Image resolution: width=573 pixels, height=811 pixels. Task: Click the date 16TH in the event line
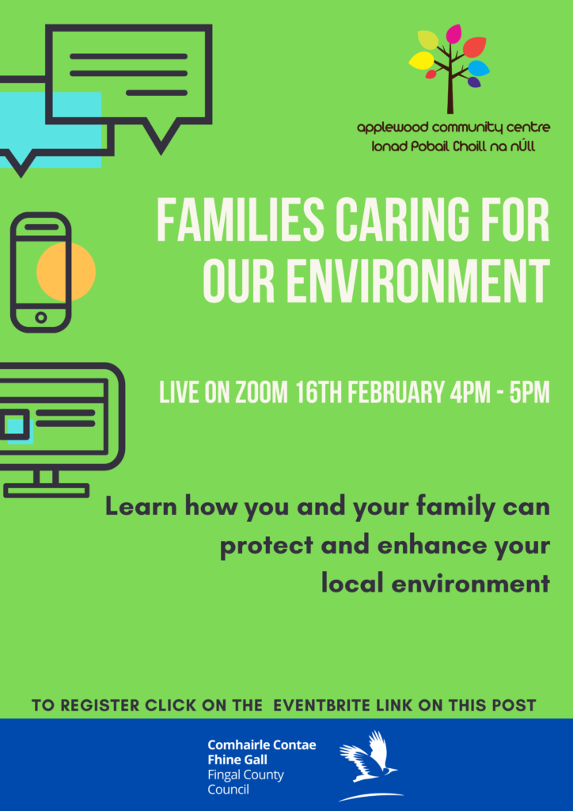coord(319,394)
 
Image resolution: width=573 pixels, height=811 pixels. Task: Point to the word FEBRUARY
coord(396,394)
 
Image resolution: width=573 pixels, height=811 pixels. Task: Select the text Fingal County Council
coord(245,782)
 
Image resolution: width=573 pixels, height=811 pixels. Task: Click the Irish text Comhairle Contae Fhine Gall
coord(261,752)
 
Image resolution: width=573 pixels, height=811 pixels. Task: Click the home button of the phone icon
coord(41,318)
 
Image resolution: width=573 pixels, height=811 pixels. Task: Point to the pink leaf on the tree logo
coord(453,33)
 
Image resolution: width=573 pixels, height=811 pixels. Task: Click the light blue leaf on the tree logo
coord(479,68)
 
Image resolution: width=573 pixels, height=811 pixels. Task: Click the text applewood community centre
coord(453,128)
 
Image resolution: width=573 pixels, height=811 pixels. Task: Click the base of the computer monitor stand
coord(47,490)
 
